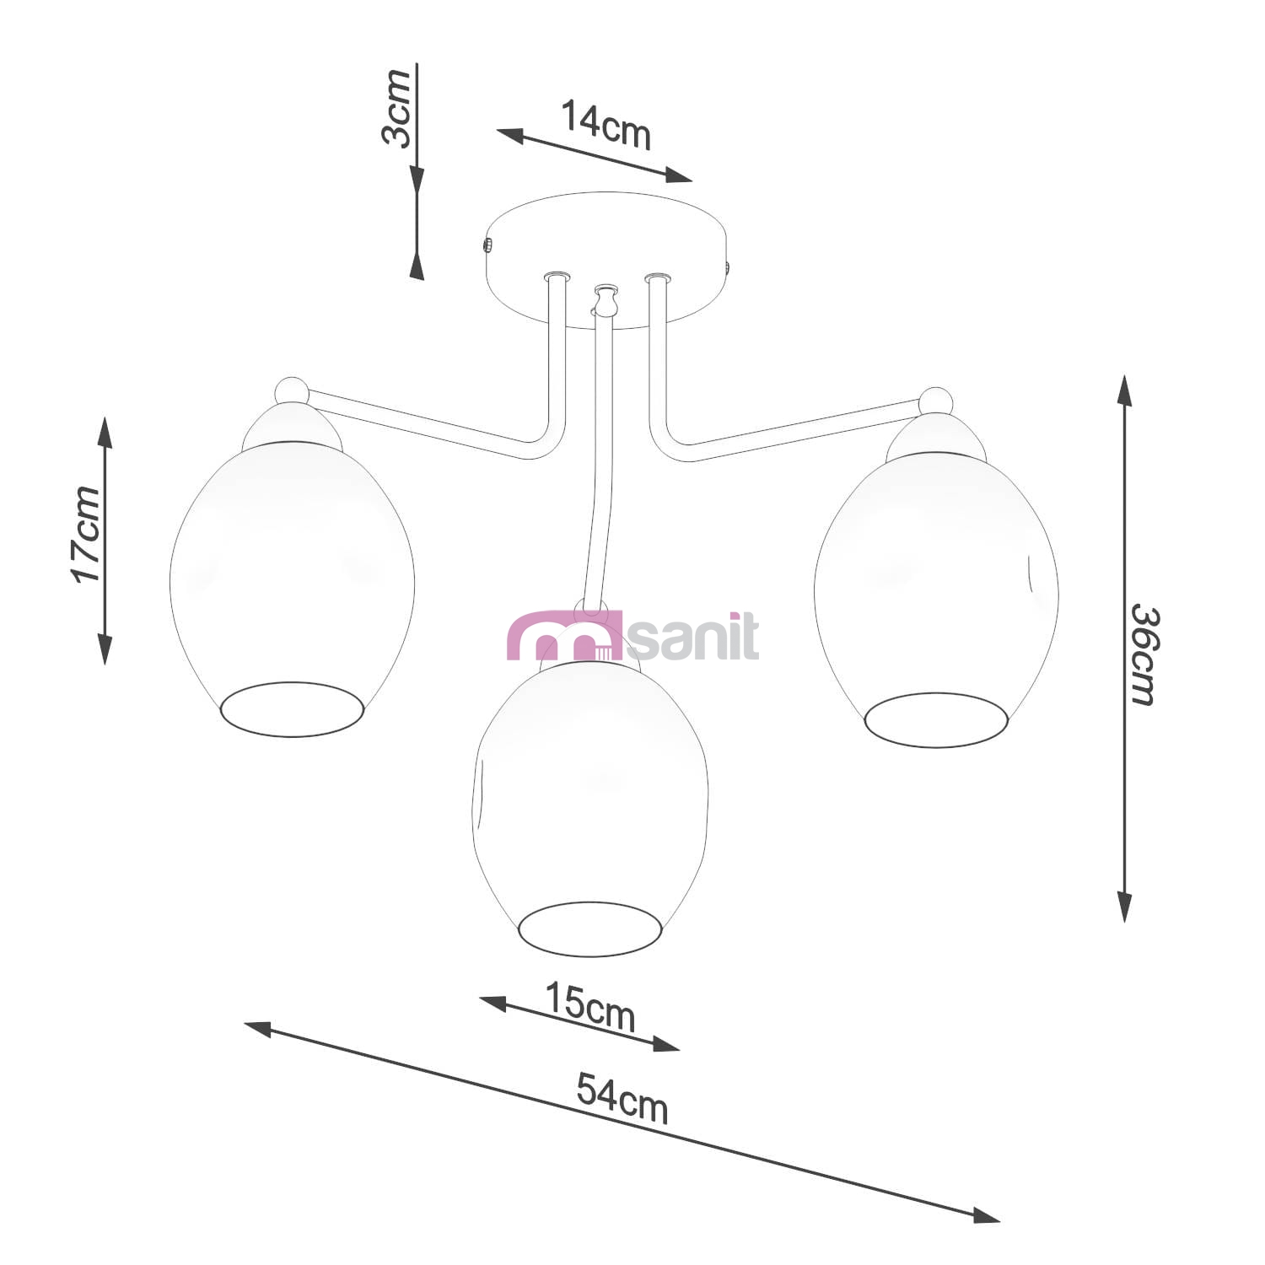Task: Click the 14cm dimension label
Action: (x=606, y=125)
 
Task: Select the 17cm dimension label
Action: (x=85, y=534)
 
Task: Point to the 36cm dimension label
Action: (x=1144, y=654)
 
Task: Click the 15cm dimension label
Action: (x=589, y=1006)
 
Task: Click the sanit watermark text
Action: (x=693, y=638)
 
